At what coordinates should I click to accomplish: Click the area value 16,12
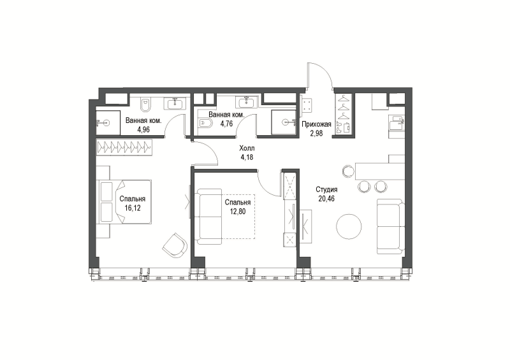[x=133, y=208]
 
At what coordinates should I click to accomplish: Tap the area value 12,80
[x=237, y=212]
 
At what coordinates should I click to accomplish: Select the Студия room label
[x=326, y=190]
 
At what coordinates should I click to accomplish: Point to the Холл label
[x=247, y=148]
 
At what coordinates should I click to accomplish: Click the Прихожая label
[x=316, y=124]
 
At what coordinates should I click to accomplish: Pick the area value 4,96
[x=143, y=130]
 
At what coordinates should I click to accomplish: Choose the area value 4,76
[x=226, y=124]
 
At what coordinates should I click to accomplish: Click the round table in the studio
[x=349, y=227]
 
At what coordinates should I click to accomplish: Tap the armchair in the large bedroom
[x=175, y=245]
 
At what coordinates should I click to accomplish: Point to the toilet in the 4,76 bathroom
[x=205, y=123]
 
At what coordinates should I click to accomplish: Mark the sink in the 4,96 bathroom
[x=177, y=104]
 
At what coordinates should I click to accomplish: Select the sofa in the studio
[x=391, y=226]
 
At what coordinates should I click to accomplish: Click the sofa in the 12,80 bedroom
[x=209, y=217]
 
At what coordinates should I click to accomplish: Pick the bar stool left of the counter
[x=348, y=171]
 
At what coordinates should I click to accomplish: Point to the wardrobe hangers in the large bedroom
[x=124, y=148]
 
